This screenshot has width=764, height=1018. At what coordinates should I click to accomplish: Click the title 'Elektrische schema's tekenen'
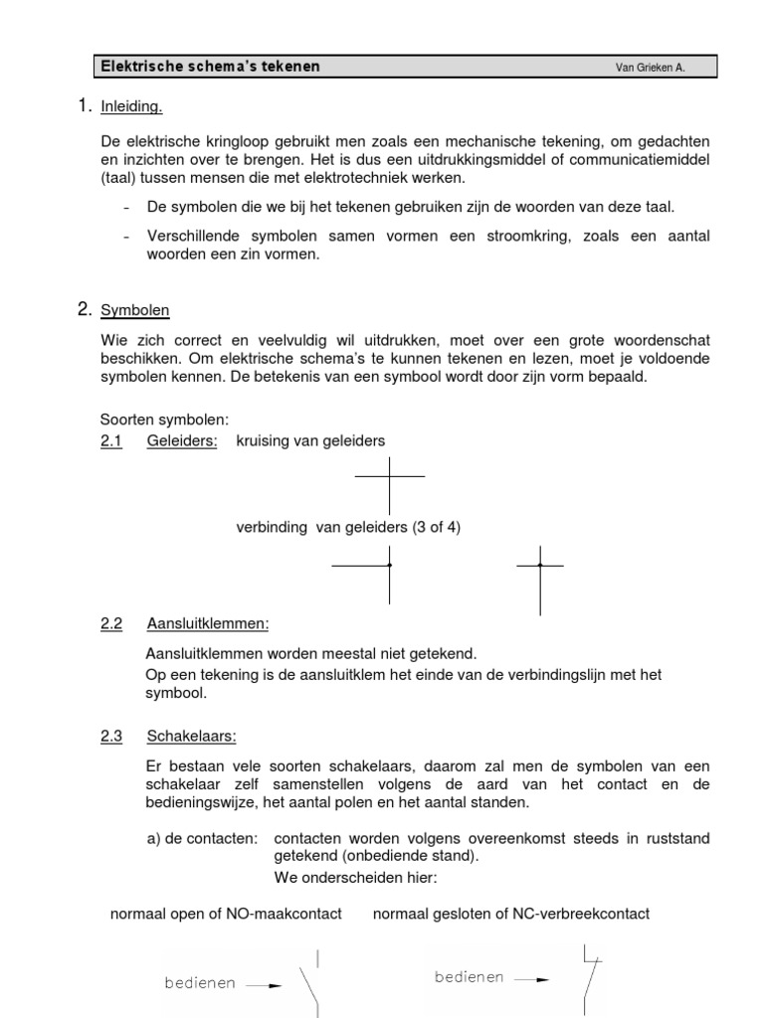point(210,67)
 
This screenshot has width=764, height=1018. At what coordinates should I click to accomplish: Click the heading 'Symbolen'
point(135,311)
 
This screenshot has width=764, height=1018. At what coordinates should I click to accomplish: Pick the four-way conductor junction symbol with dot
point(389,566)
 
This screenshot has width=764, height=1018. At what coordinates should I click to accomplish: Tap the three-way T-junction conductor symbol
point(540,567)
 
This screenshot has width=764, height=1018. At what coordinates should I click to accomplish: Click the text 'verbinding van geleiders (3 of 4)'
point(348,528)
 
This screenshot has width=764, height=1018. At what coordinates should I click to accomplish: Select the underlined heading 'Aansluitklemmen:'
point(208,624)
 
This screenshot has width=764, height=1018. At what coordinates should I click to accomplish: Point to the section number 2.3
point(110,737)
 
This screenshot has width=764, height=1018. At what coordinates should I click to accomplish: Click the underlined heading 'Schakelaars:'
point(192,737)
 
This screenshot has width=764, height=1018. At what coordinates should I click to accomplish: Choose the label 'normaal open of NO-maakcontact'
point(226,913)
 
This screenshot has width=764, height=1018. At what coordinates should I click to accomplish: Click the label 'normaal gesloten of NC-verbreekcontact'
point(510,913)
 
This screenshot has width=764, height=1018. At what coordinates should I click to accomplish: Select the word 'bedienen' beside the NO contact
point(200,983)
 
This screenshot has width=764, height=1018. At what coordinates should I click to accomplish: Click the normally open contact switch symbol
point(311,984)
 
